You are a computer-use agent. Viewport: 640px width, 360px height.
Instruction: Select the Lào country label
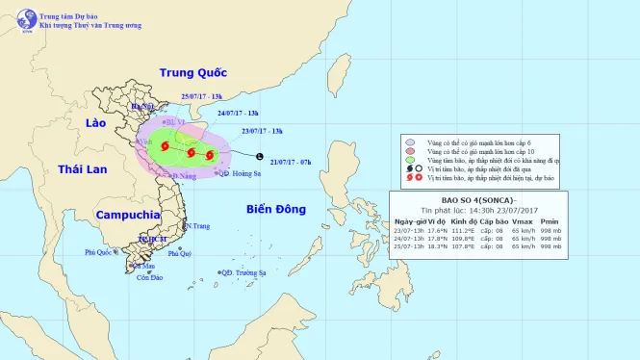(x=94, y=124)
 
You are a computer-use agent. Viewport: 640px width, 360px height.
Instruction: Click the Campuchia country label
(x=127, y=214)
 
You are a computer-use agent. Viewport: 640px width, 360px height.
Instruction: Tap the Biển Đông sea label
(x=275, y=209)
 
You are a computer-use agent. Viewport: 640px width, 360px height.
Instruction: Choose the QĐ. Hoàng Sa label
(x=240, y=174)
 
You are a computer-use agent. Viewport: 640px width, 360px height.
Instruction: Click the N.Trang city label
(x=196, y=226)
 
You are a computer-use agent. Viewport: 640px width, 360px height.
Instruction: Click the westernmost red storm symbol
(x=165, y=146)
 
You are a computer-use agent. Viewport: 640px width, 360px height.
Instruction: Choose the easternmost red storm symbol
(x=210, y=154)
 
